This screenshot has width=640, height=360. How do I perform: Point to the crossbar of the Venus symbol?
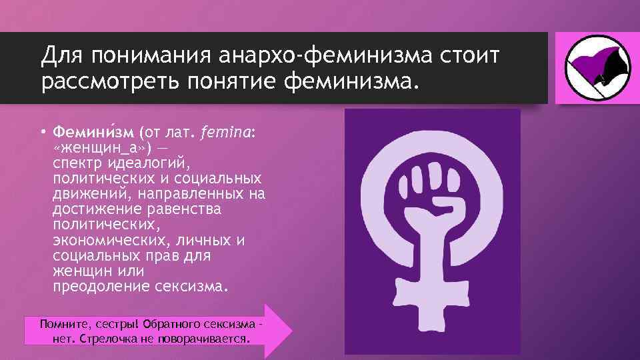point(431,300)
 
